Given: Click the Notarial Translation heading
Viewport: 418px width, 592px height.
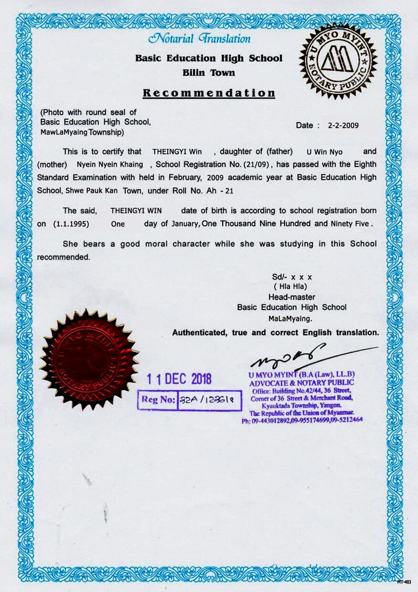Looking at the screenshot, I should pyautogui.click(x=200, y=39).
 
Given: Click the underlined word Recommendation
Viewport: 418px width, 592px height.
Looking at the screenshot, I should pyautogui.click(x=209, y=92).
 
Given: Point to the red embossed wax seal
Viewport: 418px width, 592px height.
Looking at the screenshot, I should pyautogui.click(x=89, y=359).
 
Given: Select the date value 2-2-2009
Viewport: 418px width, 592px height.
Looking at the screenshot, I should pyautogui.click(x=343, y=125).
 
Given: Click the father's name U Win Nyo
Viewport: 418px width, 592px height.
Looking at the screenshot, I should pyautogui.click(x=325, y=152).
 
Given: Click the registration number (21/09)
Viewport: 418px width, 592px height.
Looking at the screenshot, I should pyautogui.click(x=258, y=164).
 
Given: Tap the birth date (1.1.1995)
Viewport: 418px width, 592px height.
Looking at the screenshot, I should pyautogui.click(x=71, y=224).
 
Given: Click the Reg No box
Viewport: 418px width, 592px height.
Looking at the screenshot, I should pyautogui.click(x=189, y=400).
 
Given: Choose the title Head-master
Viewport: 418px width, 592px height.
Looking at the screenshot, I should pyautogui.click(x=291, y=297).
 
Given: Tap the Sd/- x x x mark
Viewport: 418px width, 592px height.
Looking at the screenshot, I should pyautogui.click(x=292, y=277).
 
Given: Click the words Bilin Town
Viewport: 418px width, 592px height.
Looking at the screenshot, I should pyautogui.click(x=209, y=73).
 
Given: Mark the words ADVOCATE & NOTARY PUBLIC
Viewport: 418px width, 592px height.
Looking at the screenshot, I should pyautogui.click(x=302, y=383).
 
